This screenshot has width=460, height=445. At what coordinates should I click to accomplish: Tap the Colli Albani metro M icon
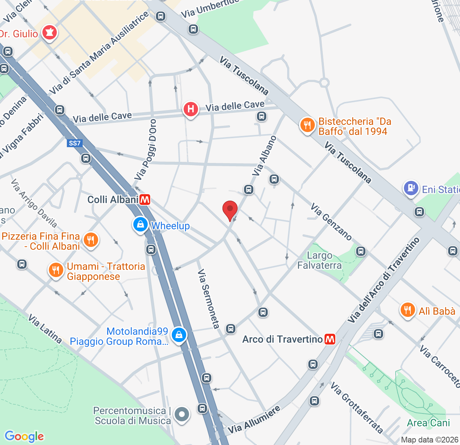pos(145,200)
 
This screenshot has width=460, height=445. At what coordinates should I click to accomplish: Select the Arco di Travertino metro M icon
pos(330,339)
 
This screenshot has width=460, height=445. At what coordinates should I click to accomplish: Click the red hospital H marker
pos(191,109)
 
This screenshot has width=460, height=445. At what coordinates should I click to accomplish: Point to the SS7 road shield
pos(75,143)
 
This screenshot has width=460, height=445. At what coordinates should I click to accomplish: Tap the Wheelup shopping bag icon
pos(141,224)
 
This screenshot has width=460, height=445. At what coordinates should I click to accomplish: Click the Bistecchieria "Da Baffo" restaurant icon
pos(307,126)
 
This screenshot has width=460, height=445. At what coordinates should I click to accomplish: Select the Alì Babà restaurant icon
pos(408,310)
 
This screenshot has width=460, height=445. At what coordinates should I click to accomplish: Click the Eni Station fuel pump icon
pos(411,188)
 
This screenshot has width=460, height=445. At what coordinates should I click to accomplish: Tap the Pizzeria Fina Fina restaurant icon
pos(91,239)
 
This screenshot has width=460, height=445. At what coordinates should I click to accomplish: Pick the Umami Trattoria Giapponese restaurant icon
pos(56,270)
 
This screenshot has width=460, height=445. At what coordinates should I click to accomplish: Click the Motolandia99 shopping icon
pos(179,335)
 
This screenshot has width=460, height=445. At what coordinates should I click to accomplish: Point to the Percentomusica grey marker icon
pos(182,414)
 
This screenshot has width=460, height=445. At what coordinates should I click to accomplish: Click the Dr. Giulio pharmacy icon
pos(49,33)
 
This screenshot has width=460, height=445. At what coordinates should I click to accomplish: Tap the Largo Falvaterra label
pos(319,261)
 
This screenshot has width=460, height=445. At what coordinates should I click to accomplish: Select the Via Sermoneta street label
pos(208,299)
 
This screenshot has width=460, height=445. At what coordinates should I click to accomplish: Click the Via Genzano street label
pos(331,221)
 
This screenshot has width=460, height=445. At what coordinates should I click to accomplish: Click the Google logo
pos(24,436)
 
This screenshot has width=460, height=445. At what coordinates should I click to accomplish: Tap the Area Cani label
pos(428,423)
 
